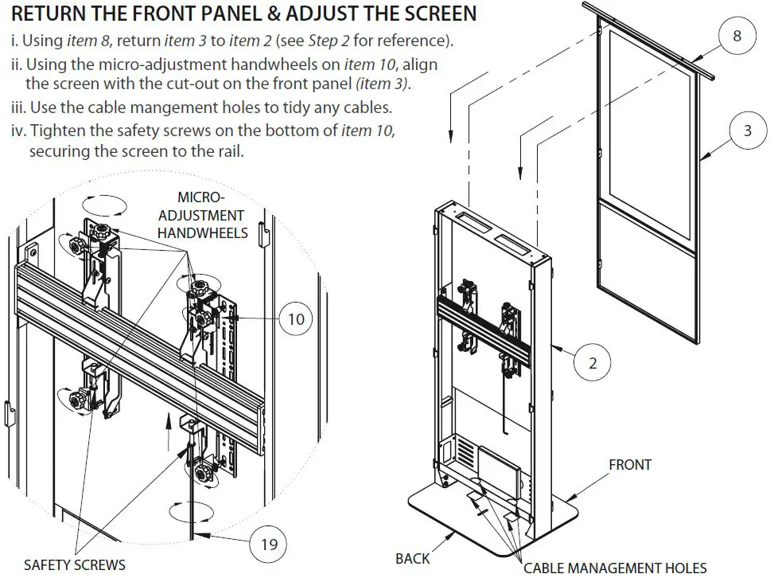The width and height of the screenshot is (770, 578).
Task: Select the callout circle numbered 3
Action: click(x=747, y=131)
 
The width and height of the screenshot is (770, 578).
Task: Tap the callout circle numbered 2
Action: click(x=593, y=363)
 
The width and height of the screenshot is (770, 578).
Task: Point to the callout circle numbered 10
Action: click(x=296, y=319)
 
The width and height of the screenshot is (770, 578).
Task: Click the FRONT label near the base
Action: click(x=630, y=464)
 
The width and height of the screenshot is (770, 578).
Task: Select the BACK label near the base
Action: click(x=412, y=558)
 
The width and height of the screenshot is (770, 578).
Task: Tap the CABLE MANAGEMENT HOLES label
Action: click(x=615, y=568)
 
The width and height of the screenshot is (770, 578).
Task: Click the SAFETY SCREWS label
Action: click(x=74, y=564)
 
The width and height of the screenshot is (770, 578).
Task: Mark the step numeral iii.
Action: click(x=20, y=107)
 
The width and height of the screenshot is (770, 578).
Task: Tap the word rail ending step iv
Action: click(x=227, y=151)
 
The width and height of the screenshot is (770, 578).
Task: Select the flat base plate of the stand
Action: click(x=493, y=525)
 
